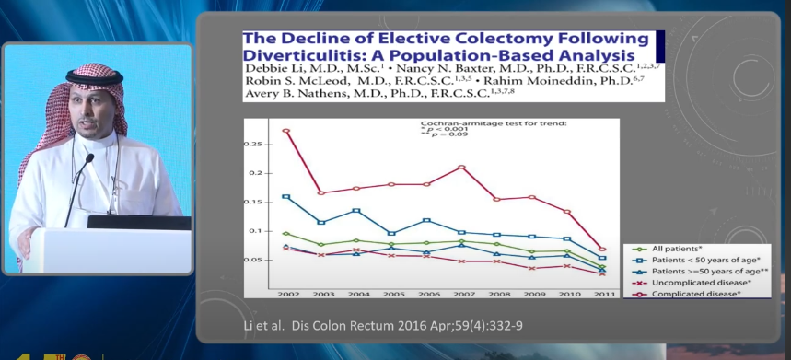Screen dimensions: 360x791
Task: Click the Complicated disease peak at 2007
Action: (461, 167)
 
